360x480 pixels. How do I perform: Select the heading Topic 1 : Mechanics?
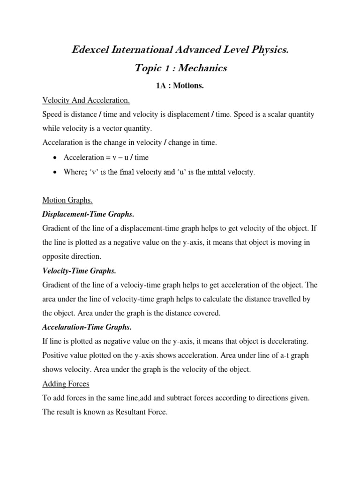pos(180,68)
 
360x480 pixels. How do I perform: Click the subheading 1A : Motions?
pos(180,86)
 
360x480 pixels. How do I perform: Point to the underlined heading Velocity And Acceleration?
pos(86,101)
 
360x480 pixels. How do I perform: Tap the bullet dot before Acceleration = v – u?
pos(56,158)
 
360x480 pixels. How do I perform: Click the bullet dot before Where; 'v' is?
pos(56,172)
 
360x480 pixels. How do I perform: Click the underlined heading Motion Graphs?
pos(67,201)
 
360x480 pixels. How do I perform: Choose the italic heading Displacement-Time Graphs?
pos(88,214)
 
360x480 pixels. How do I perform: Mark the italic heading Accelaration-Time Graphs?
pos(87,327)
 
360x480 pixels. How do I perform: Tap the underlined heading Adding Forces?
pos(66,383)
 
